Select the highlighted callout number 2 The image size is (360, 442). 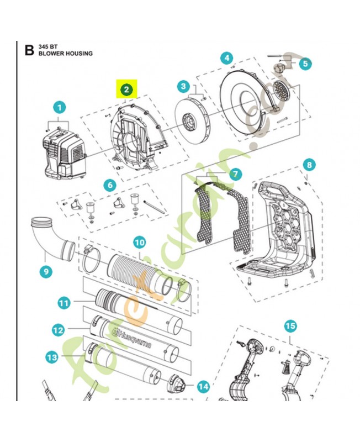point(127,89)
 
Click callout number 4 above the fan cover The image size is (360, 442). point(226,58)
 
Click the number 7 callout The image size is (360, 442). point(236,174)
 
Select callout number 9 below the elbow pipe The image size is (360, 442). point(46,271)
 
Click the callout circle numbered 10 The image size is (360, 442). point(140,241)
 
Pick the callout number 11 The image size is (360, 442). point(65,302)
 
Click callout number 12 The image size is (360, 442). point(59,330)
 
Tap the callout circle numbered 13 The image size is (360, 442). point(52,357)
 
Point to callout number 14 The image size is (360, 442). point(203,387)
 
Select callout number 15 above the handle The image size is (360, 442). point(290,325)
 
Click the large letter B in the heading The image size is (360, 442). point(29,50)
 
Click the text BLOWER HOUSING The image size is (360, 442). point(66,54)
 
